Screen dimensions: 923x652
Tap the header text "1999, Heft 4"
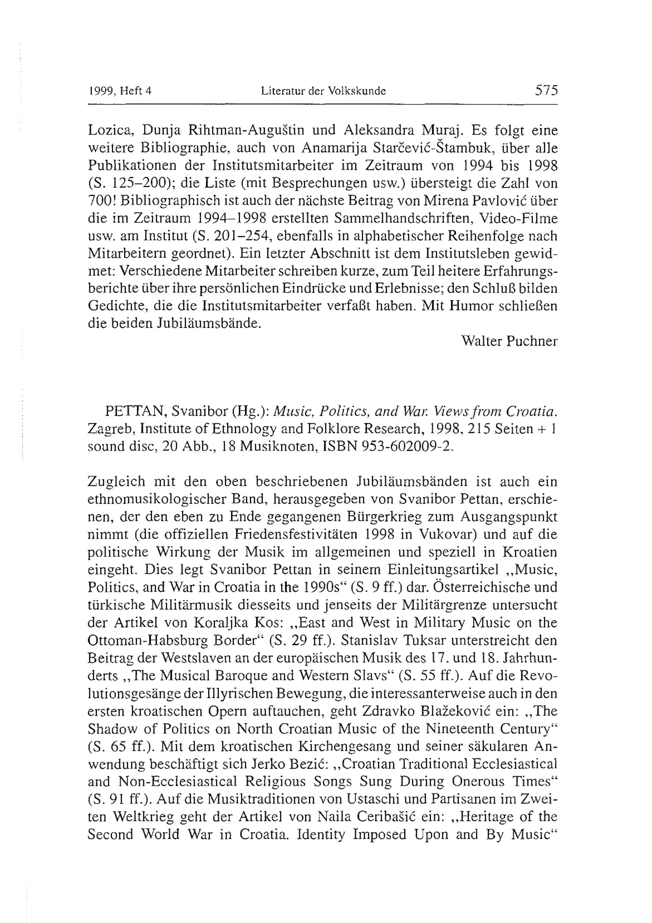coord(119,91)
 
